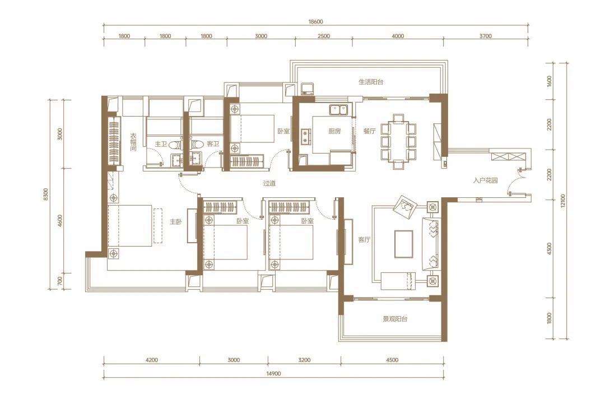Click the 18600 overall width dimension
315,22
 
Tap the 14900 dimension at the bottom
273,374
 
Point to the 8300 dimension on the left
46,194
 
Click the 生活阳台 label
371,82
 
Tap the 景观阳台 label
395,319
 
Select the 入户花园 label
485,180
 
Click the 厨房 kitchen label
334,131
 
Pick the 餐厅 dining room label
369,131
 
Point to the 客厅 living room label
364,240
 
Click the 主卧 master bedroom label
176,222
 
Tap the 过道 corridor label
269,183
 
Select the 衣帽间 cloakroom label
133,142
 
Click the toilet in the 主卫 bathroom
175,145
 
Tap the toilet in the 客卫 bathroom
198,145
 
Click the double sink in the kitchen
338,110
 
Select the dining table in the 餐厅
398,141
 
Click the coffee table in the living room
403,244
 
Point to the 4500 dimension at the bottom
392,360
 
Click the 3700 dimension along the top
485,36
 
